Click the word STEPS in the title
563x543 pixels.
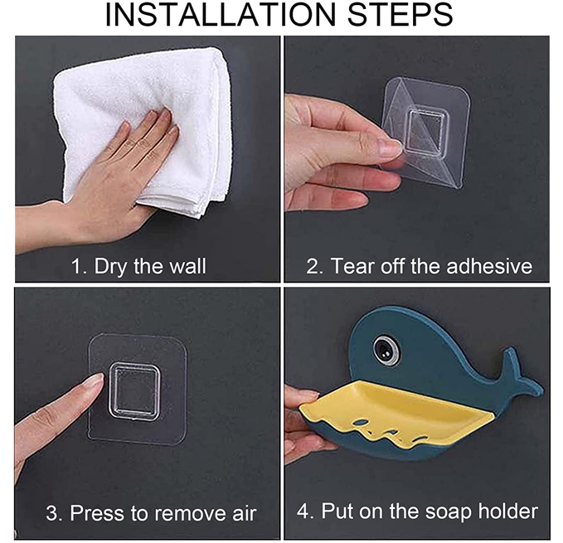tap(400, 14)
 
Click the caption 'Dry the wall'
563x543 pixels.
tap(150, 266)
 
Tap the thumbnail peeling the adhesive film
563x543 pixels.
tap(391, 147)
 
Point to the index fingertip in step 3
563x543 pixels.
tap(95, 380)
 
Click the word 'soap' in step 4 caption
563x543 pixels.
tap(449, 511)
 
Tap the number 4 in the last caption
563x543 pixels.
tap(303, 511)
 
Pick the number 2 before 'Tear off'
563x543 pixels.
tap(312, 266)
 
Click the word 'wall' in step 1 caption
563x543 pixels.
tap(187, 266)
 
